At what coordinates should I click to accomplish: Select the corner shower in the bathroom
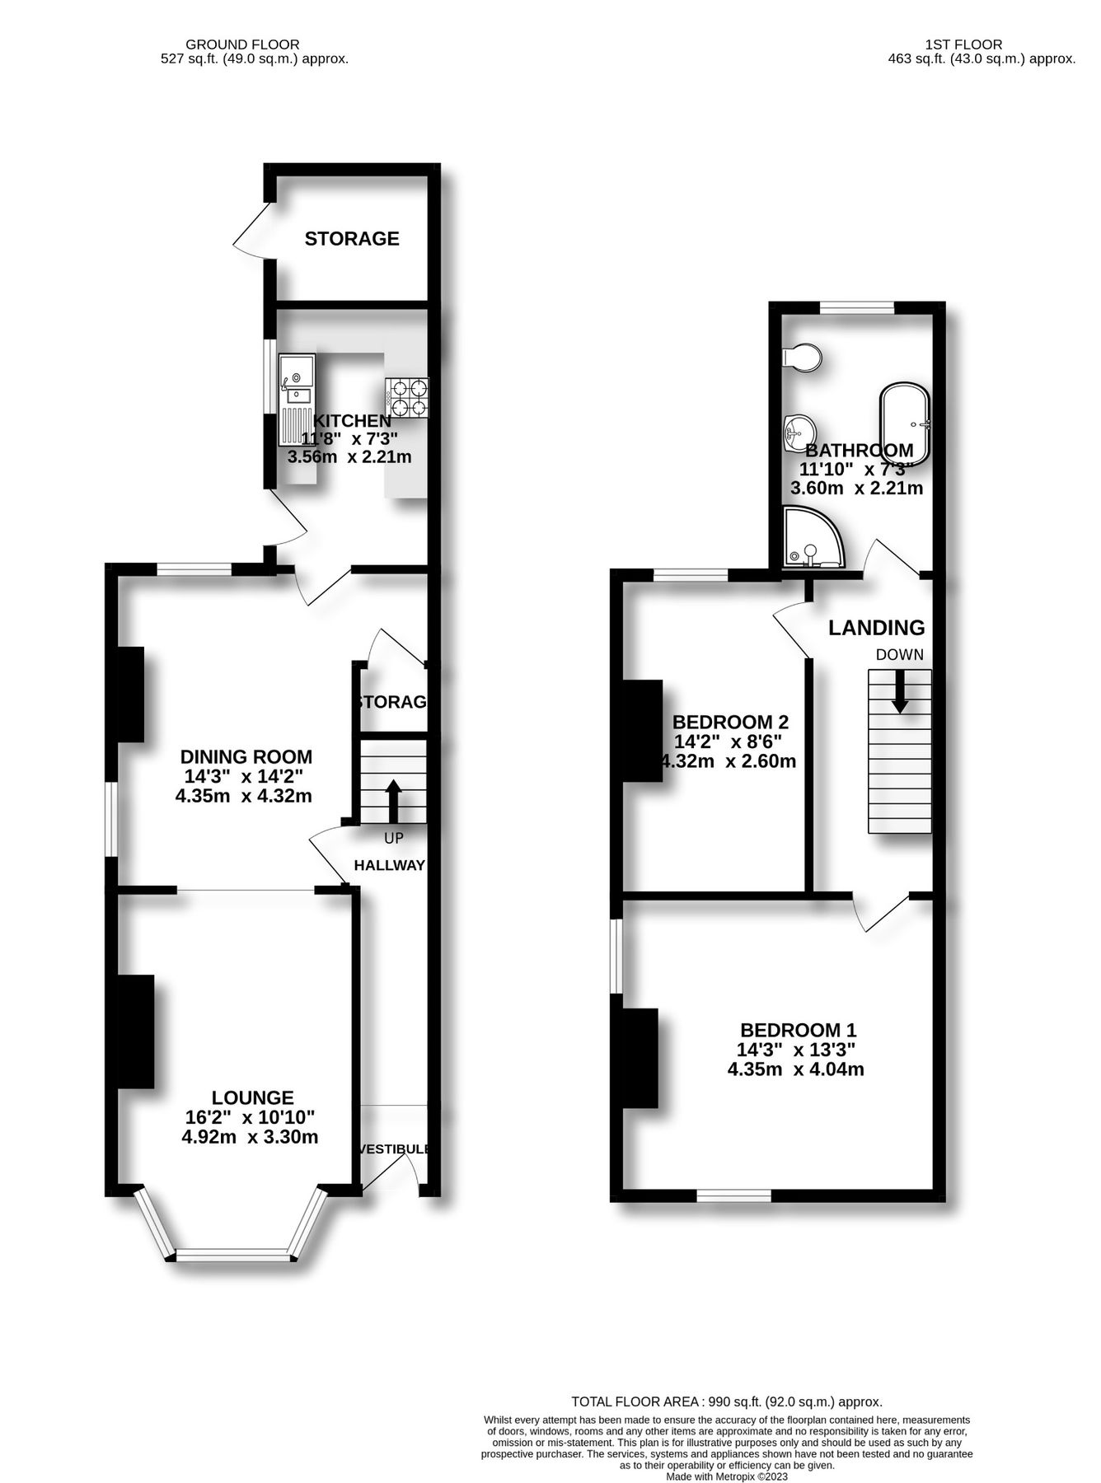(812, 539)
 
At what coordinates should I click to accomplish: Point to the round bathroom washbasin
(799, 430)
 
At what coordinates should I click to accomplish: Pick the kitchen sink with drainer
(295, 393)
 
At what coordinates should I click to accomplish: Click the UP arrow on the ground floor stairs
(393, 801)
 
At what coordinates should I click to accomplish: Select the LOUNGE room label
(252, 1097)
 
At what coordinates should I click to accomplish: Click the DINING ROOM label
(246, 756)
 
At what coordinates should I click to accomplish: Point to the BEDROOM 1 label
(798, 1030)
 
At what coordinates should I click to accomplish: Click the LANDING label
(876, 628)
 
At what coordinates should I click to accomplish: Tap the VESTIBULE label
(394, 1149)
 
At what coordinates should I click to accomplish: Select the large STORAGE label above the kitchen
(352, 239)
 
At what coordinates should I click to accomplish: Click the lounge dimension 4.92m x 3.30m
(250, 1137)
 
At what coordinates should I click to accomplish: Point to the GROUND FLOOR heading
(242, 44)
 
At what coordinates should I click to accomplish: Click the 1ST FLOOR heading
(963, 44)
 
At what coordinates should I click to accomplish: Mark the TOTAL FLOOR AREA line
(727, 1401)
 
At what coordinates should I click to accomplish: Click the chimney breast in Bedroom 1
(640, 1057)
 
